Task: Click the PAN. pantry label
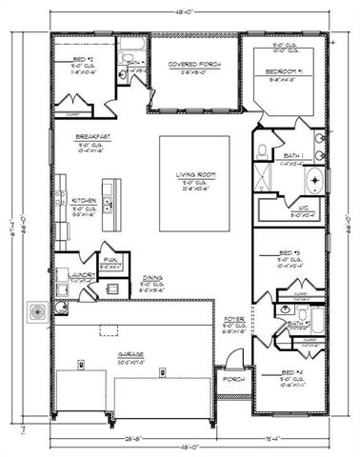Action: (111, 258)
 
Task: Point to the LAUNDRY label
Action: (66, 275)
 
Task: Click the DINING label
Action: (152, 277)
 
